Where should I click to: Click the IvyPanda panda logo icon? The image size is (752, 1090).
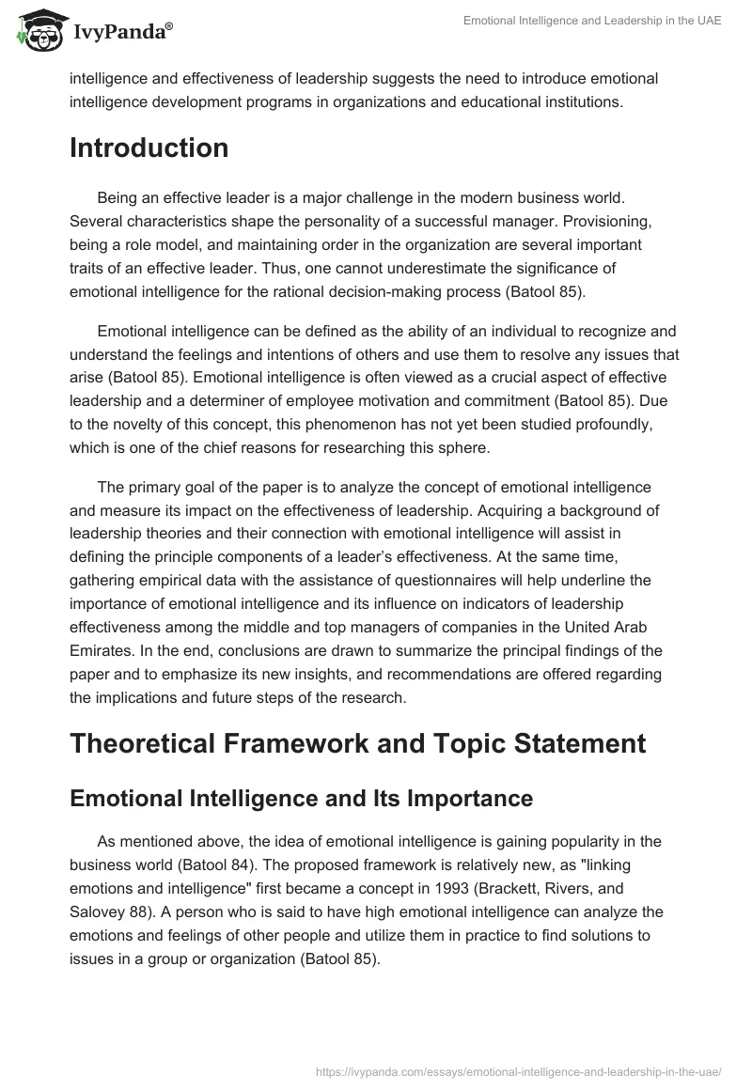click(x=38, y=30)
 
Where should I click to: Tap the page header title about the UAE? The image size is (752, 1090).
click(x=592, y=21)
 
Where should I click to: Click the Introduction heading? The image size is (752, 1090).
click(x=149, y=148)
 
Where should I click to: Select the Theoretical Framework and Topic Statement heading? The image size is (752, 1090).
click(x=357, y=743)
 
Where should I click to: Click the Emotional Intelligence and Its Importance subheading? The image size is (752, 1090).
click(x=301, y=799)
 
